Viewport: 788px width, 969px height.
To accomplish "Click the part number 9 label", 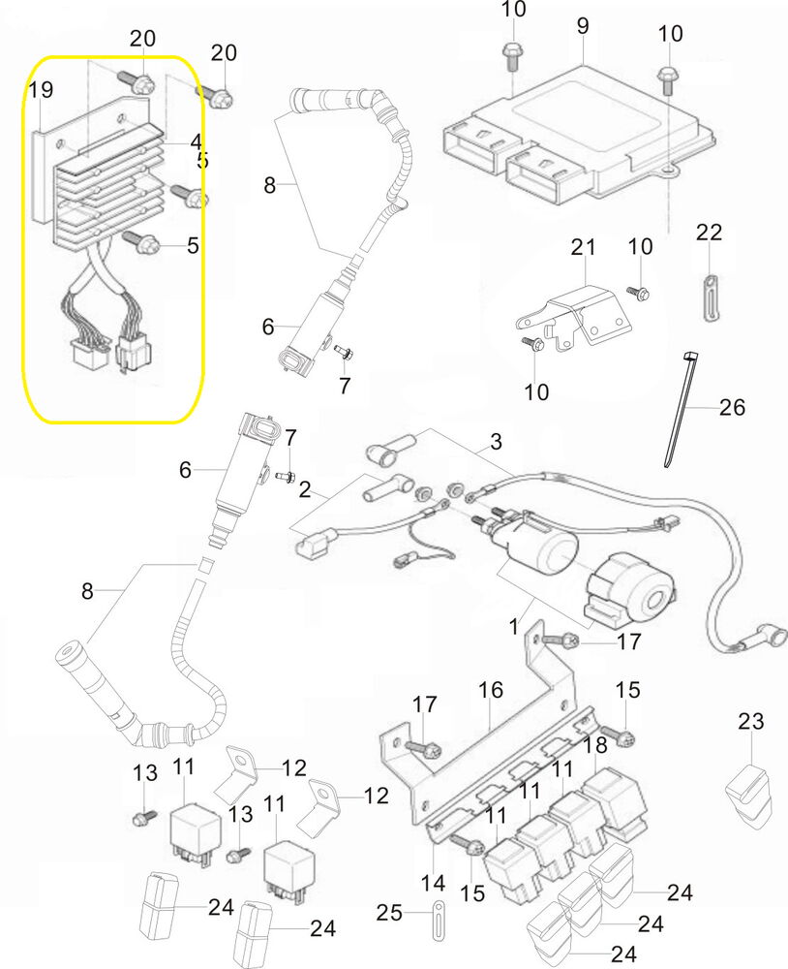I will pos(582,25).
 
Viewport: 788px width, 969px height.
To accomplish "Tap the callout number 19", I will pos(41,91).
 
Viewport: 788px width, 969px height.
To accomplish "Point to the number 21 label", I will pos(583,248).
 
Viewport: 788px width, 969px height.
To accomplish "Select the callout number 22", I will pos(710,233).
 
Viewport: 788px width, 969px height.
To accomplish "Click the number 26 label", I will pos(733,407).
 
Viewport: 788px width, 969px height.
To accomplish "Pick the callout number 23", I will pos(751,721).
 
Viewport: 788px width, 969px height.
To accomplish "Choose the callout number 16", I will pos(491,691).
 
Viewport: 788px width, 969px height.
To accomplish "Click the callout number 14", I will pos(433,884).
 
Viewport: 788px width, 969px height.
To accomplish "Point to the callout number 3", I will pos(496,444).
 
